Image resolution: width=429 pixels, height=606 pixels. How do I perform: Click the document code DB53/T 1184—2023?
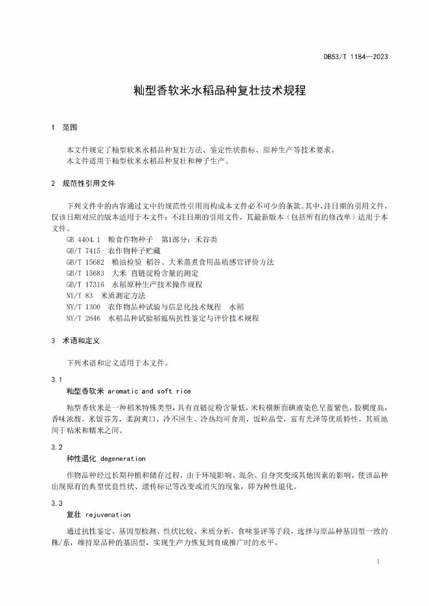pyautogui.click(x=356, y=56)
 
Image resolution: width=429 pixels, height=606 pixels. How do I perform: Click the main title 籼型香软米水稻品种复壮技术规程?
pyautogui.click(x=214, y=91)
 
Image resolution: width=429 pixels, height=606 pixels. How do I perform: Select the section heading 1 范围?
pyautogui.click(x=64, y=127)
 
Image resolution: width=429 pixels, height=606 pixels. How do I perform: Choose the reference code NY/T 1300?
pyautogui.click(x=83, y=306)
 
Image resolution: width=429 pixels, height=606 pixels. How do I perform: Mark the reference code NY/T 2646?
pyautogui.click(x=83, y=318)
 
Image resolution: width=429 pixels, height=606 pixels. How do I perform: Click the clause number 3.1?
pyautogui.click(x=56, y=379)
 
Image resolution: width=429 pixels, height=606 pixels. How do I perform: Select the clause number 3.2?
pyautogui.click(x=56, y=447)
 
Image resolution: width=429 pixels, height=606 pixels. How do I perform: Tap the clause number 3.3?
pyautogui.click(x=56, y=503)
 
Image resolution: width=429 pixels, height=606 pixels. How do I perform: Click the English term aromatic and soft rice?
pyautogui.click(x=149, y=391)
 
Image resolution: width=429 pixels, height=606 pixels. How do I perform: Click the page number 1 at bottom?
pyautogui.click(x=378, y=562)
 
